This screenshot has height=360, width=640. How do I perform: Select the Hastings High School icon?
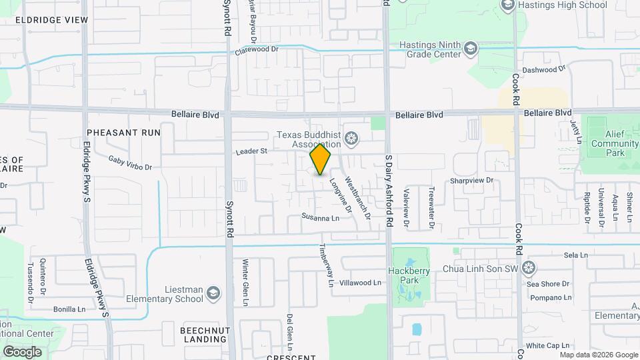(507, 5)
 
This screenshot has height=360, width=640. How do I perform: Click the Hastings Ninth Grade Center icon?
(471, 49)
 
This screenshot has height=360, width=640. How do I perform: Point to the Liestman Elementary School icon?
(213, 294)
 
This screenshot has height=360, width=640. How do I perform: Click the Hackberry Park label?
(409, 275)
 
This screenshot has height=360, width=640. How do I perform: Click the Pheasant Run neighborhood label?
(123, 133)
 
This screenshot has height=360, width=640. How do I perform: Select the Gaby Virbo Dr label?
(131, 163)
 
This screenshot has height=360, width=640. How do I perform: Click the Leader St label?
(251, 151)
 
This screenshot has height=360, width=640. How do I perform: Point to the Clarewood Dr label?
(256, 50)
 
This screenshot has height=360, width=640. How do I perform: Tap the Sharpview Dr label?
(471, 180)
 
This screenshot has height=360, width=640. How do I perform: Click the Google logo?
(22, 351)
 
